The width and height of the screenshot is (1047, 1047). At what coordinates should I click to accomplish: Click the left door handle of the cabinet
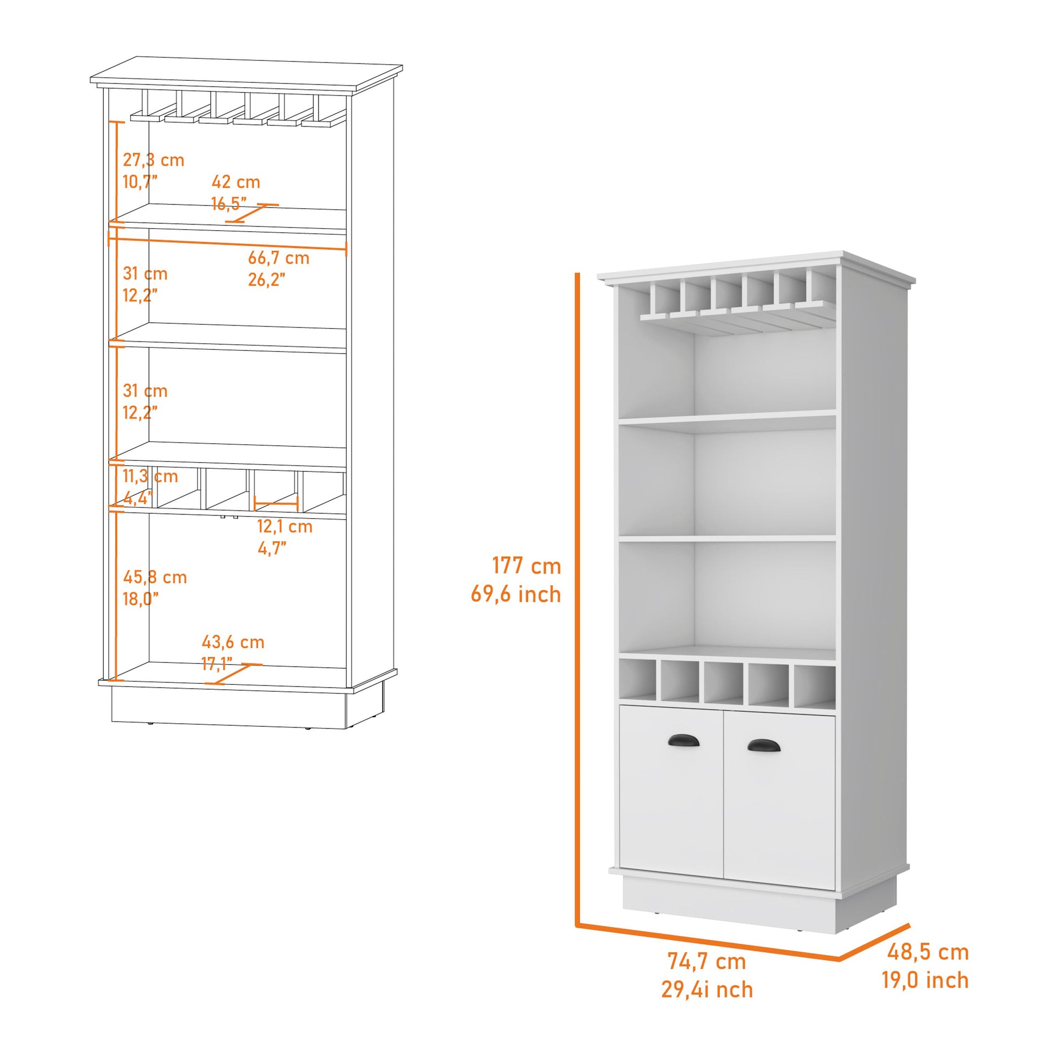click(684, 741)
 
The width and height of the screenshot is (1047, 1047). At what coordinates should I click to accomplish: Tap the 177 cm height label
click(526, 566)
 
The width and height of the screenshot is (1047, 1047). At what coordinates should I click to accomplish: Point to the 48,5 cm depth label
click(928, 952)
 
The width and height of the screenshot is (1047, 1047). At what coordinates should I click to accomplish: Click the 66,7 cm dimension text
click(279, 258)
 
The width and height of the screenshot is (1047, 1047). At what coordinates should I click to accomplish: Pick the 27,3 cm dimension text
click(153, 160)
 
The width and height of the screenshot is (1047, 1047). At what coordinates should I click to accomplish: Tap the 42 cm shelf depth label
click(236, 181)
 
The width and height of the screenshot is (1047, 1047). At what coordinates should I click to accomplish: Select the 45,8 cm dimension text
click(154, 577)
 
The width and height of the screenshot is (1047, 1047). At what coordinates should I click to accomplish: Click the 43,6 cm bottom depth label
click(233, 642)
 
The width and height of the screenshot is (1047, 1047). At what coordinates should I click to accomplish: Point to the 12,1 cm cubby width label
click(285, 526)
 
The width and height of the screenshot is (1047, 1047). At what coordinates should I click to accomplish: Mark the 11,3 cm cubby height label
click(150, 476)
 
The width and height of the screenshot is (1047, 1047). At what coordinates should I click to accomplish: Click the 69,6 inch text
click(515, 595)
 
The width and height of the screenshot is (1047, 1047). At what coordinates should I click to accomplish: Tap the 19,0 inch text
click(924, 980)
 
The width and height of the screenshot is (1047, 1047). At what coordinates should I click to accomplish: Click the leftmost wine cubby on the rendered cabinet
click(638, 681)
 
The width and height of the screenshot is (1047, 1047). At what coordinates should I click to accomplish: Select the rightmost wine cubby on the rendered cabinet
click(814, 685)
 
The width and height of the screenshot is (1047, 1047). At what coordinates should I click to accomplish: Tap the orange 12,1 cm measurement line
click(276, 505)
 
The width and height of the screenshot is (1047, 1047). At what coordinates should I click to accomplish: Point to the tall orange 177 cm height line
click(578, 596)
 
